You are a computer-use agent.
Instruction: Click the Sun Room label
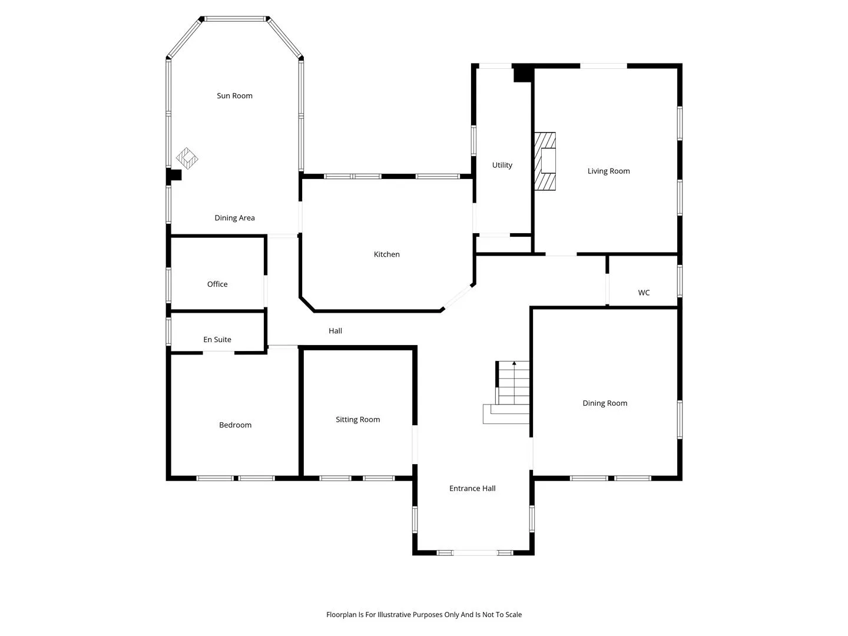click(234, 96)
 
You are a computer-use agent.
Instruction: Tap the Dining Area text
click(234, 218)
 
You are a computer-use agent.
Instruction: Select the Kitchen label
click(386, 254)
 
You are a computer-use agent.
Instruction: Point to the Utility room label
click(502, 165)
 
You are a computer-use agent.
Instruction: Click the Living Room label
click(608, 171)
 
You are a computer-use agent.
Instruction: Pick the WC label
click(644, 293)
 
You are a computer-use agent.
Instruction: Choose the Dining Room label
click(605, 403)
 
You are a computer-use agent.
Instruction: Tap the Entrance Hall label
click(472, 489)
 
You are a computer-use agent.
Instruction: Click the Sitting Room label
click(357, 419)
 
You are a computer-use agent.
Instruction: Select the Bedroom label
click(235, 425)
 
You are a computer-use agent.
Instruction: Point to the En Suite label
click(217, 339)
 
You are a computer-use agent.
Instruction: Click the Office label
click(217, 284)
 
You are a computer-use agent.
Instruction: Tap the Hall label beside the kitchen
click(335, 330)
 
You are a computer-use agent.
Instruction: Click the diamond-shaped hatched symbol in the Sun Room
click(187, 158)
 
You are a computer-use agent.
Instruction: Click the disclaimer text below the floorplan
click(424, 614)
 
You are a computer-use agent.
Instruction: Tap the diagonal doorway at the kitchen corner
click(458, 297)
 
